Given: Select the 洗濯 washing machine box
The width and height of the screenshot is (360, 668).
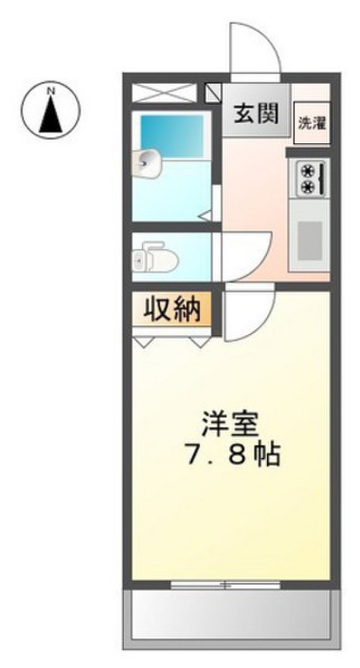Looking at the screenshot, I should click(x=312, y=122).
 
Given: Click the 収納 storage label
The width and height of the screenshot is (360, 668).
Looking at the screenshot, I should click(x=172, y=309).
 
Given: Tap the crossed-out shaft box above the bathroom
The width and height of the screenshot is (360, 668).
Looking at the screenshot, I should click(x=164, y=93).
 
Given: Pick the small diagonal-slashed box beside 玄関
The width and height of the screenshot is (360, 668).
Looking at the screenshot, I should click(x=213, y=93).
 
